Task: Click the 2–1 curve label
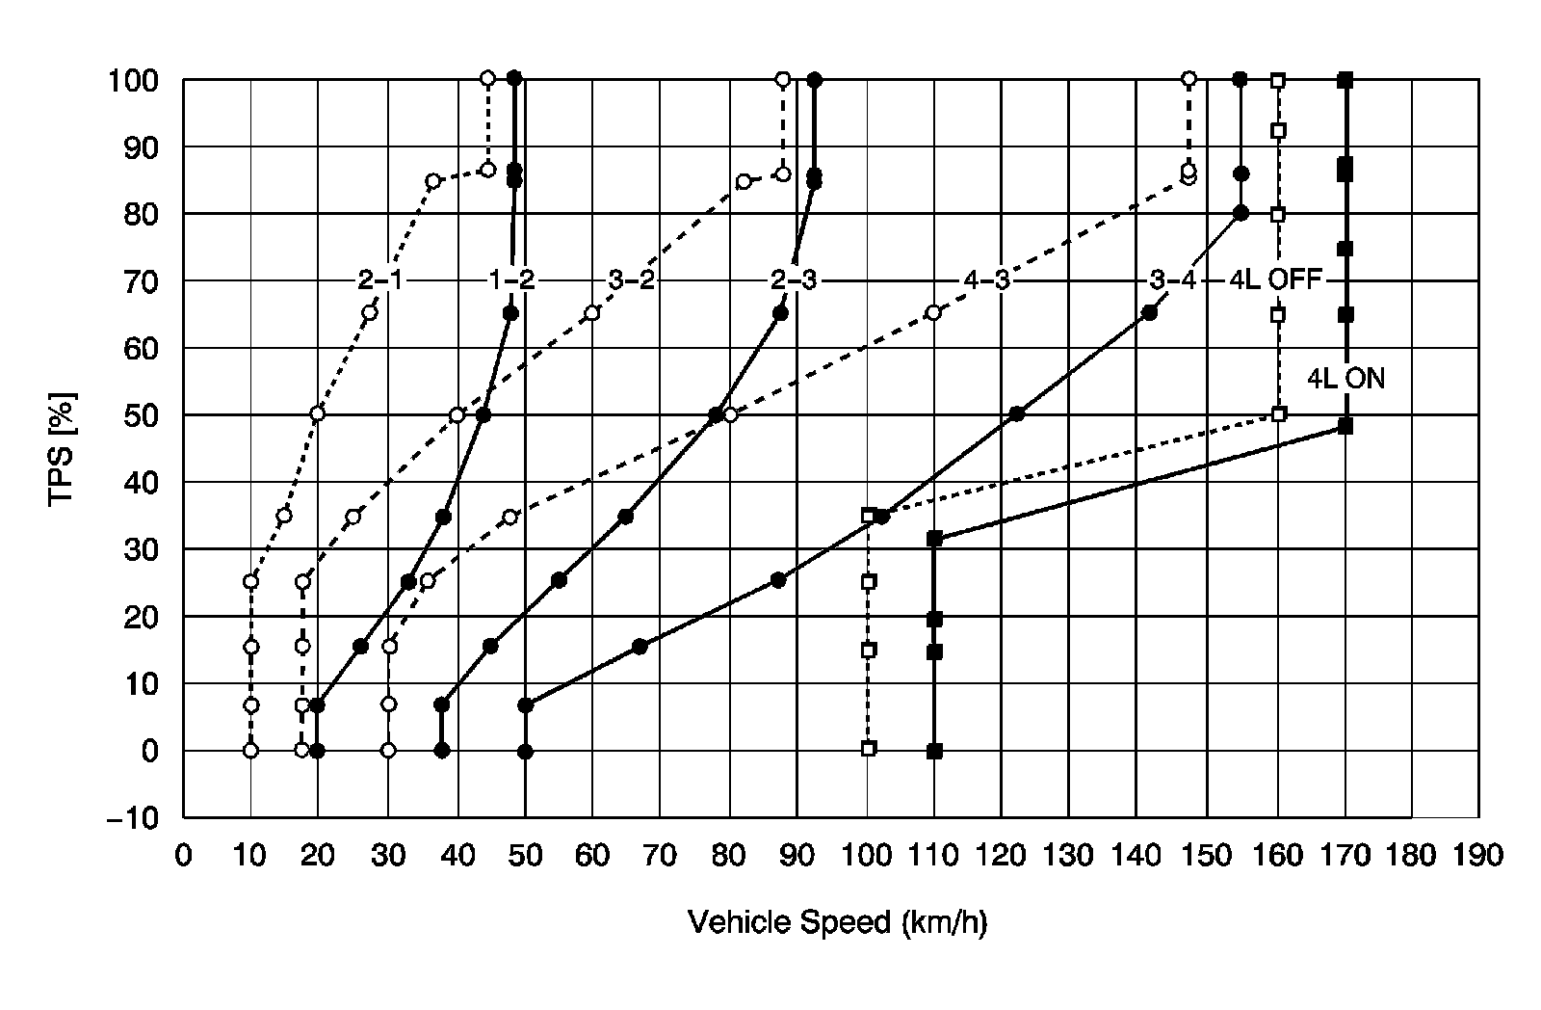379,280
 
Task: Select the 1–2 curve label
510,280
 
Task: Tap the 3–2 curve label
632,280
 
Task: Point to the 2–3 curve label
794,280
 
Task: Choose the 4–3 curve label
986,280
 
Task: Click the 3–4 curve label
1172,280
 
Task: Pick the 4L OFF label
1276,280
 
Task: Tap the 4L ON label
1345,379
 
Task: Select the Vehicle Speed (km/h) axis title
838,922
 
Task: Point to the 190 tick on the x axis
1479,856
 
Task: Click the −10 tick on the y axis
138,817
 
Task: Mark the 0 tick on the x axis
183,856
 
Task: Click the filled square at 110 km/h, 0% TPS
934,751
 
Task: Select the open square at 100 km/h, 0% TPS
868,749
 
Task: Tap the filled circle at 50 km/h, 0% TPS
525,751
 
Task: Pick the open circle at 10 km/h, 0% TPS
250,750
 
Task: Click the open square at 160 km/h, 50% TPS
1279,414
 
